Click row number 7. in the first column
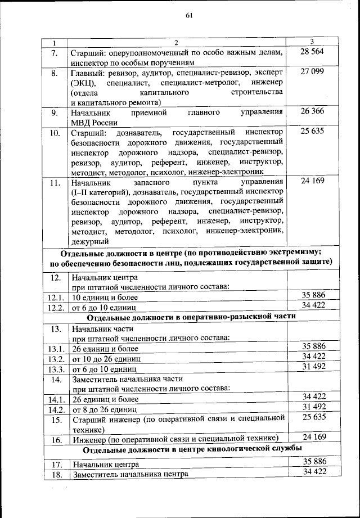tap(55, 53)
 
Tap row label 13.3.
tap(56, 370)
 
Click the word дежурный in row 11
tap(89, 241)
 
